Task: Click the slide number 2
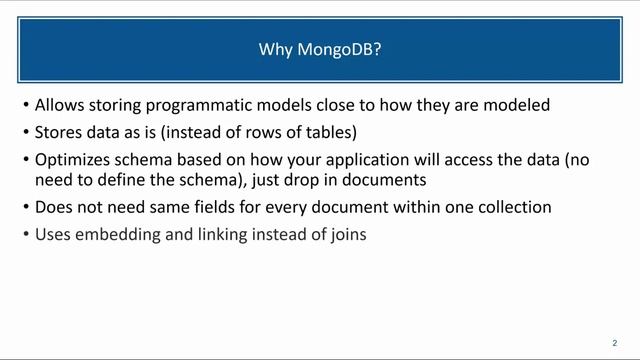[613, 341]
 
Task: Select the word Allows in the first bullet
[59, 105]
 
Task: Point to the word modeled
[518, 105]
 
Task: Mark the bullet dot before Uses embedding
[24, 237]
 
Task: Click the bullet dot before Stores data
[24, 132]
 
